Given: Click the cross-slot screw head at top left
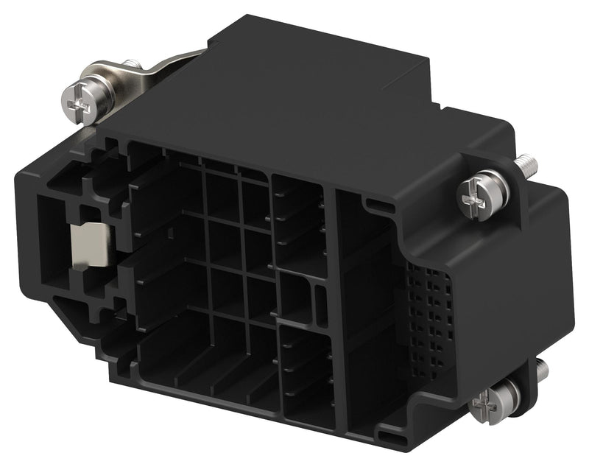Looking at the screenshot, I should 80,104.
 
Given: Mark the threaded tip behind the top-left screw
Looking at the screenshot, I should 132,66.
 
